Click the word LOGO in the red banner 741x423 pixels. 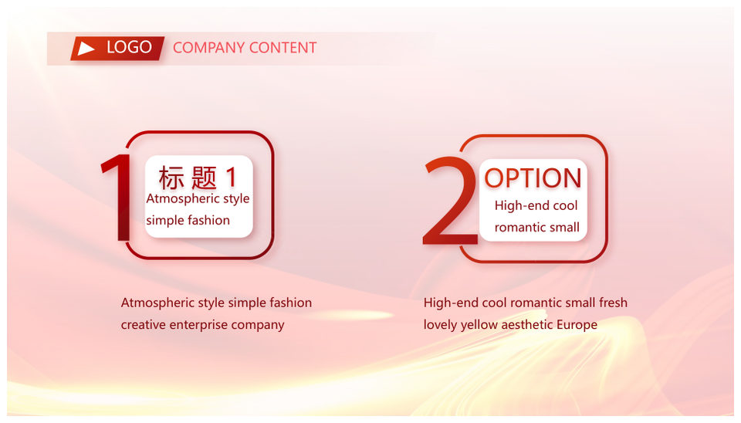[x=129, y=47]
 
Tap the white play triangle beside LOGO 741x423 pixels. [x=86, y=48]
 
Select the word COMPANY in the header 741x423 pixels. [x=208, y=48]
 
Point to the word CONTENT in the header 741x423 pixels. [x=283, y=48]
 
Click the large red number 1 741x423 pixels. [x=117, y=198]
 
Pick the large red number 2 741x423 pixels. [x=450, y=201]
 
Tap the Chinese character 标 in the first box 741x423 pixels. [x=171, y=178]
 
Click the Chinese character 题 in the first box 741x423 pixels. [x=204, y=178]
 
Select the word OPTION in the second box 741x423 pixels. [x=533, y=178]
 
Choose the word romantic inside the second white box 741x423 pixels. [x=519, y=228]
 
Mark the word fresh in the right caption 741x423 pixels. [x=613, y=303]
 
